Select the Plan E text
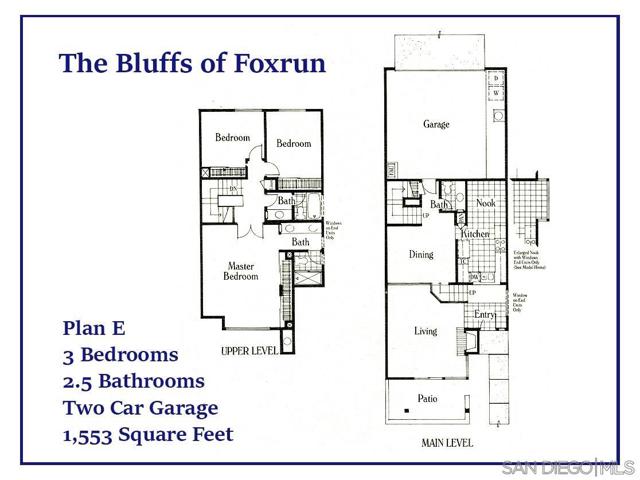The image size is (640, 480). click(x=95, y=327)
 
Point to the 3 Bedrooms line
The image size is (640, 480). click(x=120, y=354)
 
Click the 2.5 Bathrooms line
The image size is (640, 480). click(x=133, y=381)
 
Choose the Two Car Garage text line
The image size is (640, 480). click(x=140, y=408)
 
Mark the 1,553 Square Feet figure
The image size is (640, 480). click(x=148, y=435)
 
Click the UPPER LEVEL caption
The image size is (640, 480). click(x=250, y=352)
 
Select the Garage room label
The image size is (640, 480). click(x=436, y=125)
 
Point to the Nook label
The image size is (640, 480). click(x=486, y=203)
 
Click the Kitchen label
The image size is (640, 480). click(x=475, y=234)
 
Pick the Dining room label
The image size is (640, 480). click(x=421, y=254)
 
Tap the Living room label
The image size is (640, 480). click(x=426, y=331)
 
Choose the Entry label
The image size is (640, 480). click(x=485, y=316)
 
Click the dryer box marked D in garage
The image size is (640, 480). click(x=495, y=78)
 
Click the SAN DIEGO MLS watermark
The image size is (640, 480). click(x=567, y=468)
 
